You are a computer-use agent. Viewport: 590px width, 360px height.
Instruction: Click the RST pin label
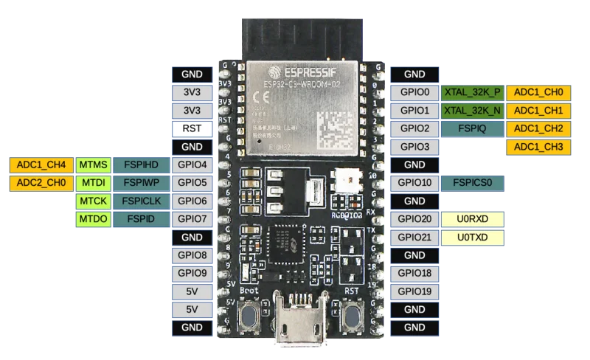191,128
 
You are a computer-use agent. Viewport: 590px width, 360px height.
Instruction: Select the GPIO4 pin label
191,164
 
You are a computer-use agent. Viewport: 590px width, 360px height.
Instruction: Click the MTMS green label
93,164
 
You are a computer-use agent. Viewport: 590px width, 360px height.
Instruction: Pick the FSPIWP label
141,182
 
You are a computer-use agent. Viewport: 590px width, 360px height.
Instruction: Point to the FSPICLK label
141,201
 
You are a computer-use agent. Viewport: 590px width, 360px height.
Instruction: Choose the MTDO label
93,218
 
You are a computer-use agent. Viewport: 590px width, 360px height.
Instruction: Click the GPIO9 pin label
191,273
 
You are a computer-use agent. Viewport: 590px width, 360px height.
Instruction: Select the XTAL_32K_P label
472,93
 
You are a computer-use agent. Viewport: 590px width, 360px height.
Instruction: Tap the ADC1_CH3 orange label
538,147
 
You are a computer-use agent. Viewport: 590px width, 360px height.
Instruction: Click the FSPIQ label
472,128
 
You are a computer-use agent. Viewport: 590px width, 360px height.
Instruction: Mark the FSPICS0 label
472,182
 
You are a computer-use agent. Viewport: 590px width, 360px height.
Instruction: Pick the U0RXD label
472,218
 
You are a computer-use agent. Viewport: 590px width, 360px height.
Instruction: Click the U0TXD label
472,237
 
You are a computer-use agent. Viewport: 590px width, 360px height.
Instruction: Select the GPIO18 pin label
414,273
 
